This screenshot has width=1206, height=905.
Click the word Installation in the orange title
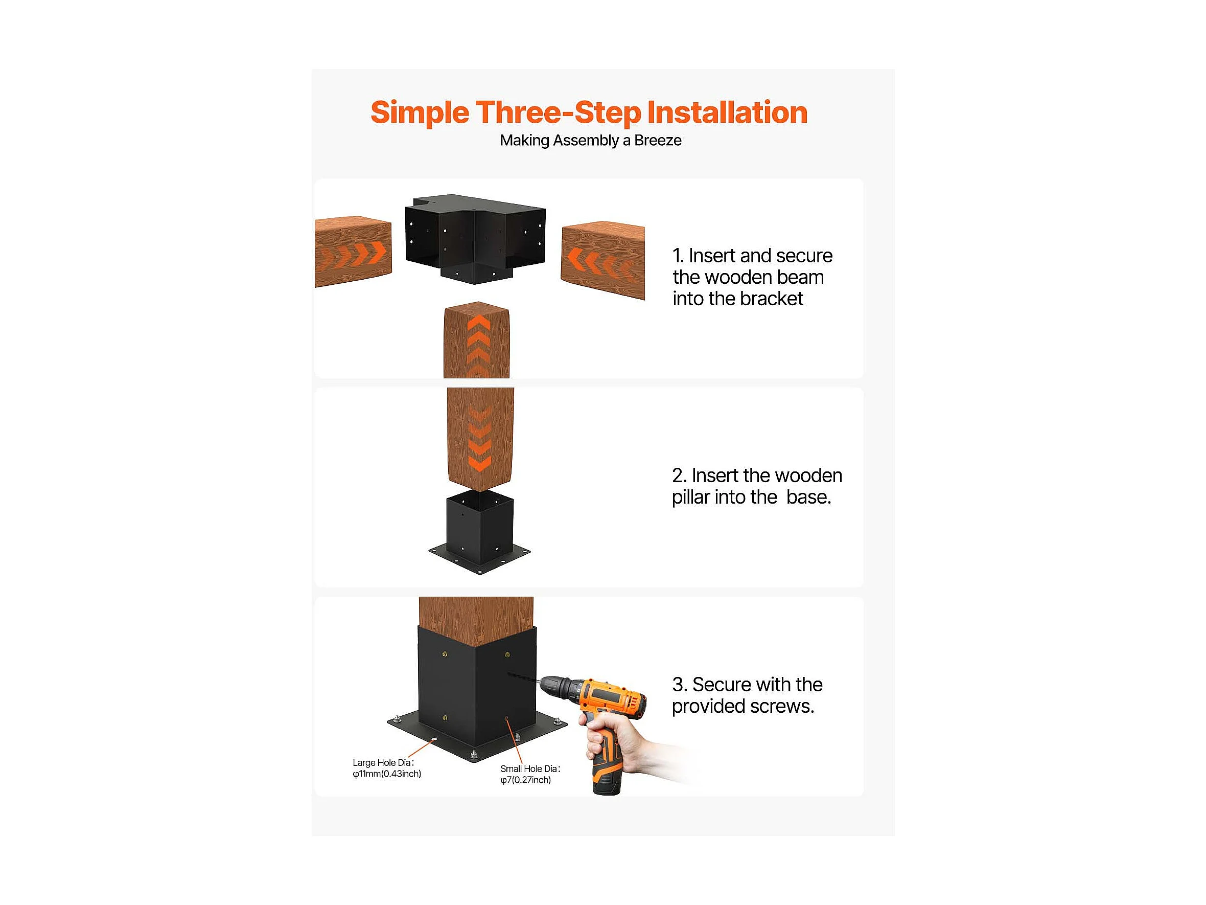coord(727,112)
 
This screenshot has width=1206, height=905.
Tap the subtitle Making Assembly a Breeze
coord(590,141)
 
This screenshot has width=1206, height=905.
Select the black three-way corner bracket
coord(475,239)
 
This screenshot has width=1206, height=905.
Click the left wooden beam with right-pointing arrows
coord(353,252)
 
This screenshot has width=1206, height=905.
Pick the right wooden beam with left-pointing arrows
coord(603,260)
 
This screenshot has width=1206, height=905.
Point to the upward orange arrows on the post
coord(478,345)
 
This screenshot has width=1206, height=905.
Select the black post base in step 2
coord(479,532)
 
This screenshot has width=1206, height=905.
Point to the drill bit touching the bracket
coord(523,678)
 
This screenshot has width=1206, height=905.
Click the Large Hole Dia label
coord(386,768)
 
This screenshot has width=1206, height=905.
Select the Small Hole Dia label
coord(530,774)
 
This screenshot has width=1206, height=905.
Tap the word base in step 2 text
coord(808,497)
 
